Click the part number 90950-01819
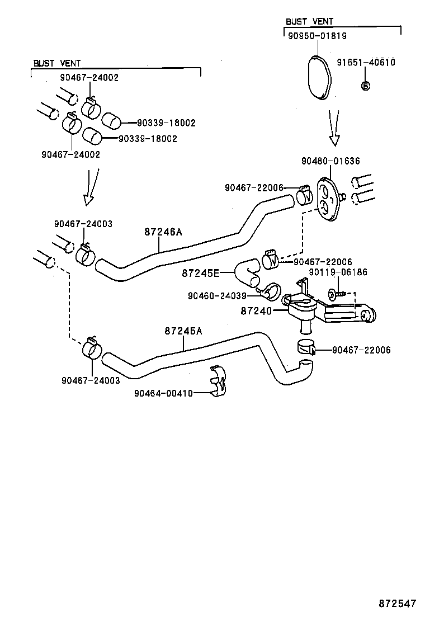(x=317, y=36)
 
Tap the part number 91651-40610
(x=365, y=62)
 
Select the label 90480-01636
(x=330, y=161)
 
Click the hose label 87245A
(x=183, y=331)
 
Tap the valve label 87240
(x=256, y=310)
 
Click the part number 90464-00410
(x=163, y=393)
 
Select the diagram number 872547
(x=397, y=604)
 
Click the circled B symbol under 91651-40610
(x=365, y=86)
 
